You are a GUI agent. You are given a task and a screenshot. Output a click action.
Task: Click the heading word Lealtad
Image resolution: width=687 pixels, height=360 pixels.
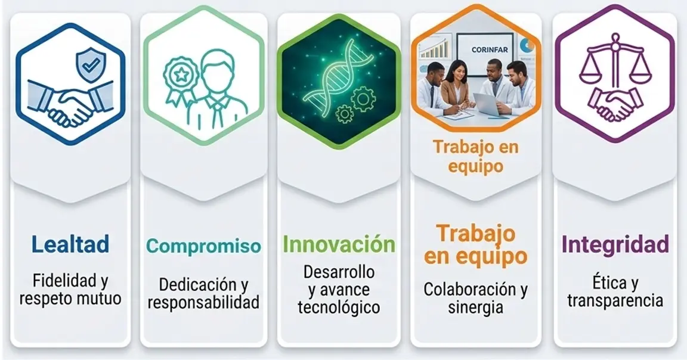(70, 244)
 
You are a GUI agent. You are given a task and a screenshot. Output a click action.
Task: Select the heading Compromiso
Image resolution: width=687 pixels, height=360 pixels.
(203, 246)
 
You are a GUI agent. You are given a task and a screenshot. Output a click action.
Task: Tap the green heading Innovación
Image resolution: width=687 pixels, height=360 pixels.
(339, 244)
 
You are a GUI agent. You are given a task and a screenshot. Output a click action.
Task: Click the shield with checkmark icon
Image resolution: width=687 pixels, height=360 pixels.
(91, 65)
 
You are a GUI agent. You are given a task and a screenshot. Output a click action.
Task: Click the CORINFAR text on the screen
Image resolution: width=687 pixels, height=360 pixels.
(490, 50)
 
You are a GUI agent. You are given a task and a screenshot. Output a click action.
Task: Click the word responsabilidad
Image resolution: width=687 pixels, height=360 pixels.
(203, 302)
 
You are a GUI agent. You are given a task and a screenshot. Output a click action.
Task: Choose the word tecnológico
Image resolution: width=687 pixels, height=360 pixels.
(339, 307)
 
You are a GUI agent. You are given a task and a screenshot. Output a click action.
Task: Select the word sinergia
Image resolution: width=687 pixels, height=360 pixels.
(475, 307)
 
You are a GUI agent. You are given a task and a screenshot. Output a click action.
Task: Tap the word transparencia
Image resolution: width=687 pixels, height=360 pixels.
(615, 301)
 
